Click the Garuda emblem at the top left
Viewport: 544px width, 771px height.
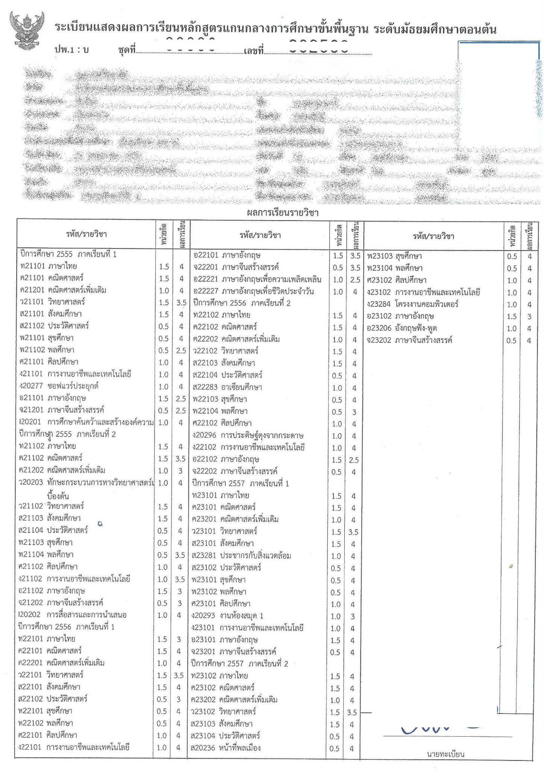coord(27,31)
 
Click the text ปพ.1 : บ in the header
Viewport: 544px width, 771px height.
coord(71,50)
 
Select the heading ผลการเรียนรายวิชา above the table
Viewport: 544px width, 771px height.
coord(282,213)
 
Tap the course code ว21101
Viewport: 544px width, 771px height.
coord(32,302)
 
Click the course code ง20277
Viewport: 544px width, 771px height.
coord(32,386)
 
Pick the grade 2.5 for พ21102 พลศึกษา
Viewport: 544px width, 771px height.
coord(181,350)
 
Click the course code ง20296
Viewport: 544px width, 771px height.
coord(204,435)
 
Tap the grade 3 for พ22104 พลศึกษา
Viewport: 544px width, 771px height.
coord(354,412)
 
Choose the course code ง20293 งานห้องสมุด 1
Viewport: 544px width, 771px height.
coord(203,616)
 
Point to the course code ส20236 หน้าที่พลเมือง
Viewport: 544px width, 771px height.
coord(203,748)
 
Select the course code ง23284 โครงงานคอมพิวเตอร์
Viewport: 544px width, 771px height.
coord(379,304)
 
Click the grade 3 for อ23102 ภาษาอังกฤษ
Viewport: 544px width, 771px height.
coord(529,317)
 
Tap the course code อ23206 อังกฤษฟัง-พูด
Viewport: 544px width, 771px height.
coord(379,328)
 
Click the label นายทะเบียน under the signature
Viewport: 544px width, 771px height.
coord(446,754)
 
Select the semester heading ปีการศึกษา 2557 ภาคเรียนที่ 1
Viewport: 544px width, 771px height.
coord(241,483)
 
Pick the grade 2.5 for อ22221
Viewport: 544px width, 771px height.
coord(355,280)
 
